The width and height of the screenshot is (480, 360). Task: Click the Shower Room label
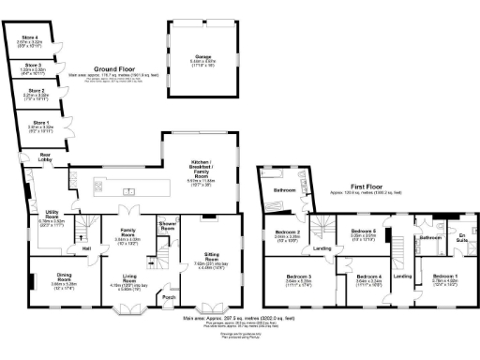pyautogui.click(x=169, y=226)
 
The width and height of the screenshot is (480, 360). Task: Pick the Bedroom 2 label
pyautogui.click(x=287, y=232)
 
